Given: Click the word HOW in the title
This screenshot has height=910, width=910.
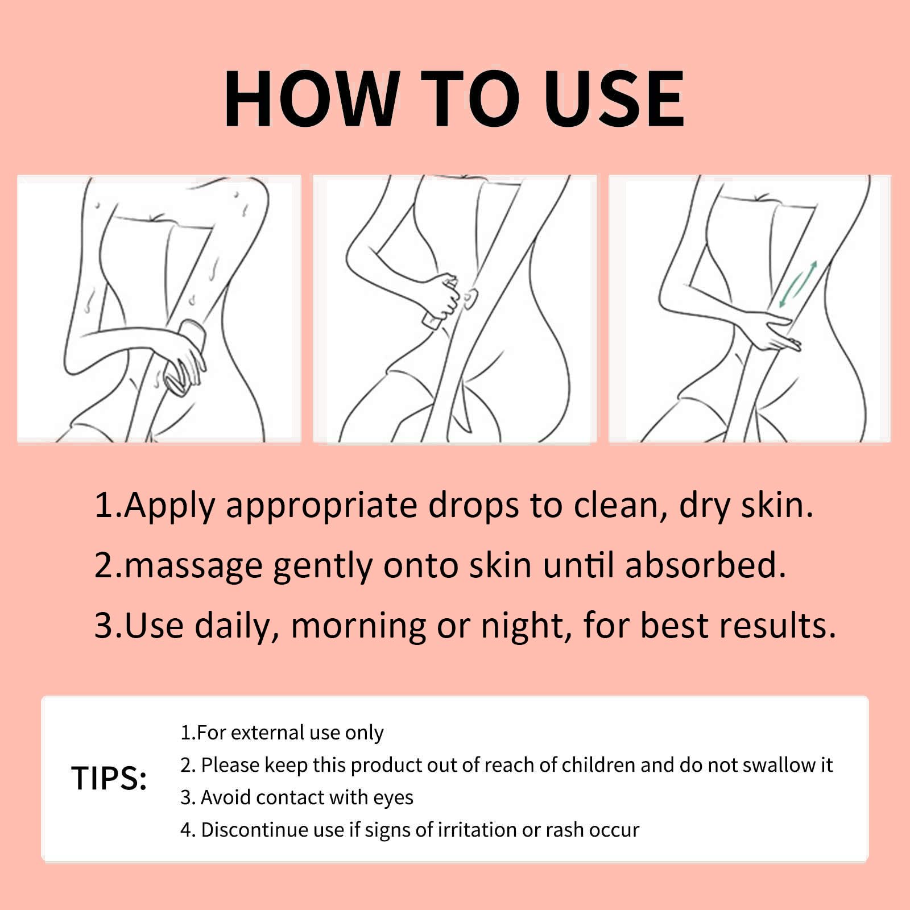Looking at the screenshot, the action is pyautogui.click(x=311, y=98).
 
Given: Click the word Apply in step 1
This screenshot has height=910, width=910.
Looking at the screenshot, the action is pyautogui.click(x=169, y=506).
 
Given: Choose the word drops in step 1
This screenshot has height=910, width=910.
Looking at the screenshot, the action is pyautogui.click(x=473, y=506).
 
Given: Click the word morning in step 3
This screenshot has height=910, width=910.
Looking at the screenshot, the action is pyautogui.click(x=358, y=626).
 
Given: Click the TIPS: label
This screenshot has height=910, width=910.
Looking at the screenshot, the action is pyautogui.click(x=109, y=778).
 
